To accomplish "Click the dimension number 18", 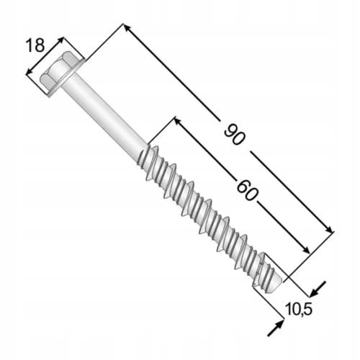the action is pyautogui.click(x=35, y=45).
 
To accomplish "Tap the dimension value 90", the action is pyautogui.click(x=235, y=135).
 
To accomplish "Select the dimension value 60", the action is pyautogui.click(x=248, y=190).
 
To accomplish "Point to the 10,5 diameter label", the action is pyautogui.click(x=299, y=309).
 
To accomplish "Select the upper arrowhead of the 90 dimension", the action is pyautogui.click(x=127, y=28).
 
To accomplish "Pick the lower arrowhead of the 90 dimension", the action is pyautogui.click(x=329, y=229).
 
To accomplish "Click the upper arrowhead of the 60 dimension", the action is pyautogui.click(x=179, y=121).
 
